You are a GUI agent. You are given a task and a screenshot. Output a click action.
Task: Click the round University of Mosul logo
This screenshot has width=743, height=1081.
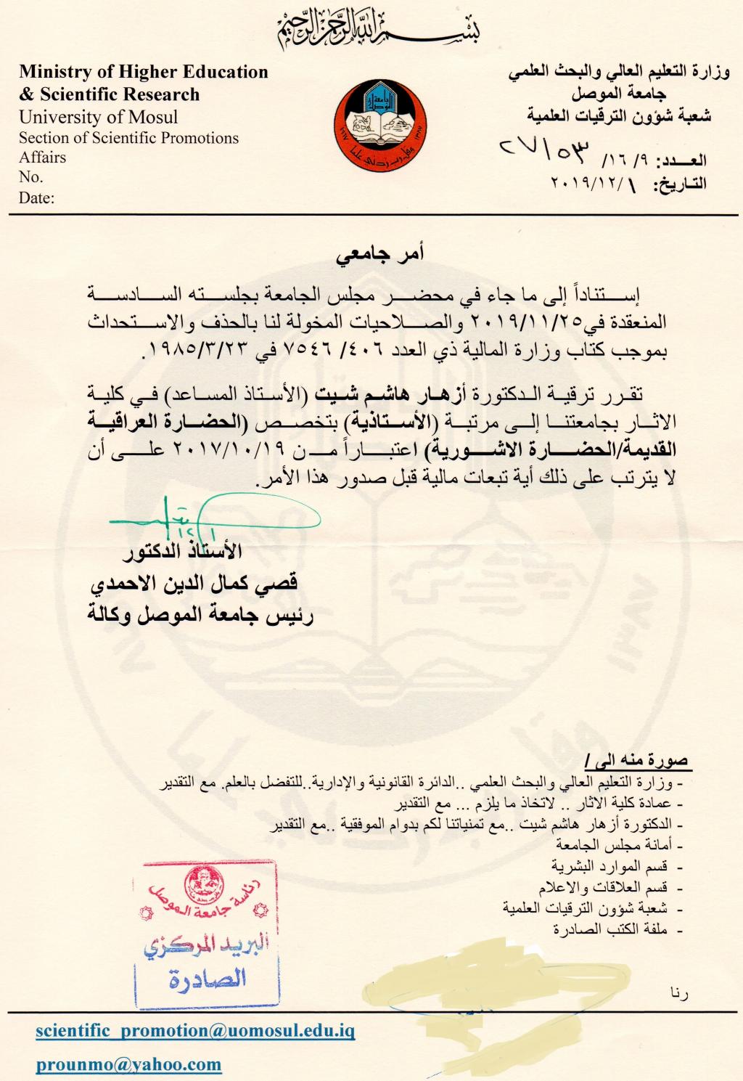pos(379,126)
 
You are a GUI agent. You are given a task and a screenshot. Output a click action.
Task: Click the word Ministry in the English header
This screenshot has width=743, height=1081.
pos(56,72)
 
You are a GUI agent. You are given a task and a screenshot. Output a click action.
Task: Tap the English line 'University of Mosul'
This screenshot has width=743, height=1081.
pos(98,117)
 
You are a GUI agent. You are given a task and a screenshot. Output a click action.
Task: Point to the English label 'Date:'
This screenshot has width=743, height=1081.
pos(36,197)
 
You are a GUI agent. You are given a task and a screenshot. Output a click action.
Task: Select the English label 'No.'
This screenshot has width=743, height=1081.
pos(31,177)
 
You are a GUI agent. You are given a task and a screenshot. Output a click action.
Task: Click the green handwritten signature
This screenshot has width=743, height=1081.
pos(210,516)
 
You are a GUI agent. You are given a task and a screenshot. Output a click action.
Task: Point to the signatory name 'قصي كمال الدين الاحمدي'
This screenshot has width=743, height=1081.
pos(194,583)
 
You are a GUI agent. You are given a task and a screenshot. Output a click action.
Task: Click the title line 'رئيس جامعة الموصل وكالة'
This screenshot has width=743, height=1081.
pos(200,616)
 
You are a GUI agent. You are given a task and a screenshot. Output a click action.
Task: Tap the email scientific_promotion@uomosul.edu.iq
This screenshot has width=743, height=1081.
pos(195,1031)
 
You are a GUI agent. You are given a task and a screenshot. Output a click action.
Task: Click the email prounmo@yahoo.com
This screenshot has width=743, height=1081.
pos(128,1064)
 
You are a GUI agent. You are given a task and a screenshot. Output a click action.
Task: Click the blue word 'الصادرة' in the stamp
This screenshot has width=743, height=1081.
pos(207,979)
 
